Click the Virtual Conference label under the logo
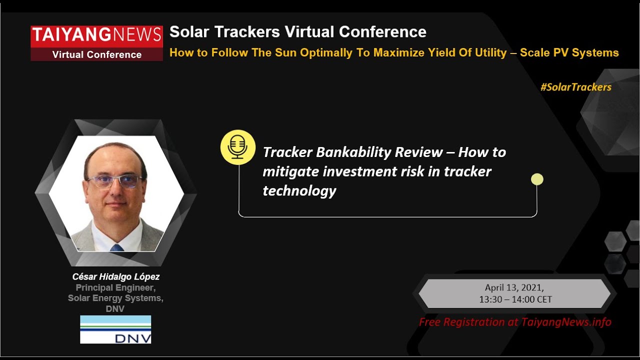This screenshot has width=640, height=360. (x=96, y=54)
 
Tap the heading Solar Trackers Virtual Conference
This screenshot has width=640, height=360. (x=297, y=32)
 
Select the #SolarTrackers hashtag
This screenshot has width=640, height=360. (x=575, y=87)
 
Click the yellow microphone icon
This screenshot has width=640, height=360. (x=238, y=147)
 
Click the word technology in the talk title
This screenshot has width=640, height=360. (x=299, y=190)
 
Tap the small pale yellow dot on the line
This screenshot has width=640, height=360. (x=537, y=179)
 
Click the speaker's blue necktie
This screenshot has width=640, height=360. (x=116, y=247)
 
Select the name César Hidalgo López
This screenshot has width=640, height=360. (x=116, y=276)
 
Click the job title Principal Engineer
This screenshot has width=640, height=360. (x=115, y=287)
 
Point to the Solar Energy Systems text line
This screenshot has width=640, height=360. (x=115, y=298)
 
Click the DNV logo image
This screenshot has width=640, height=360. (x=115, y=329)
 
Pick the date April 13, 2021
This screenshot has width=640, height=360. (x=514, y=288)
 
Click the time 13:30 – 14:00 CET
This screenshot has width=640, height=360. (x=515, y=299)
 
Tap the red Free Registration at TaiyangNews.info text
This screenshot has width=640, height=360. (x=515, y=322)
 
